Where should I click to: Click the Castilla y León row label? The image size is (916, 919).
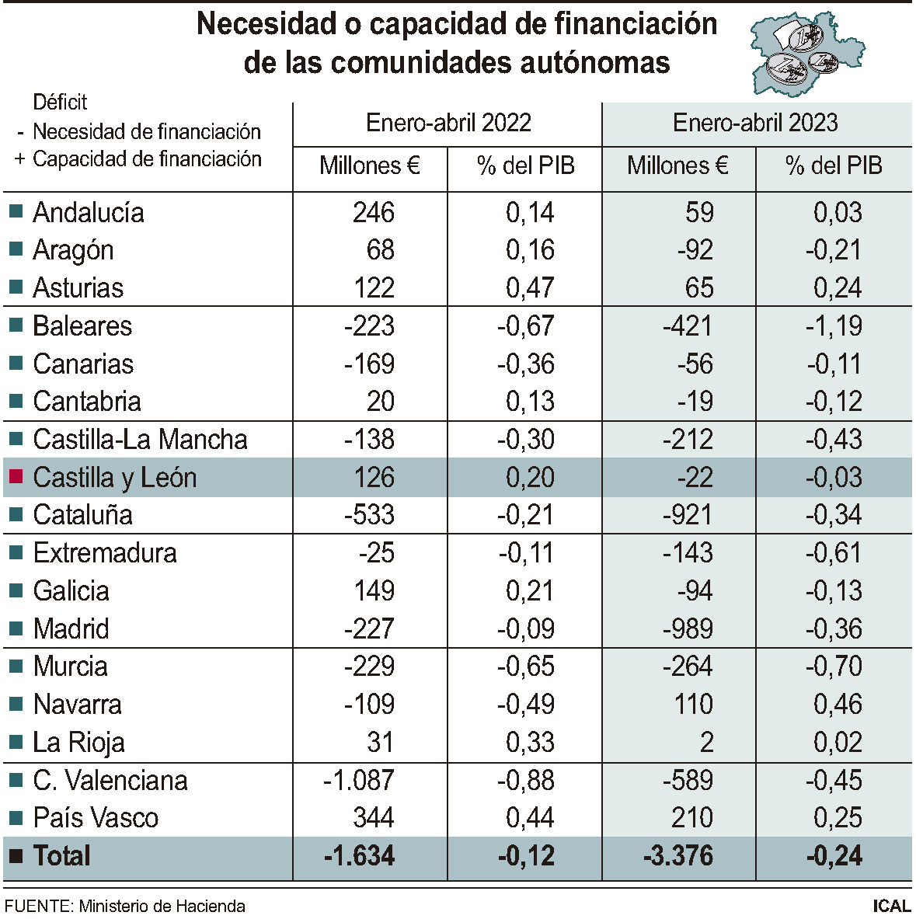tap(114, 477)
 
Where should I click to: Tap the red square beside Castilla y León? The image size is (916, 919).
tap(16, 476)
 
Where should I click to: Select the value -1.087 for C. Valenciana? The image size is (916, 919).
tap(359, 780)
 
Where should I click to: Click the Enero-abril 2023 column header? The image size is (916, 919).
tap(755, 123)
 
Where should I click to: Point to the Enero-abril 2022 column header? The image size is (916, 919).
tap(448, 123)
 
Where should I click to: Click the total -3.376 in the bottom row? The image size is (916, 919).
tap(678, 856)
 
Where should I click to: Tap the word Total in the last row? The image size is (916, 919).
tap(61, 856)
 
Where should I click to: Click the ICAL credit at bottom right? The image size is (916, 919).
tap(891, 906)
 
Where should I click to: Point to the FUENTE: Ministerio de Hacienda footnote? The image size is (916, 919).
tap(125, 906)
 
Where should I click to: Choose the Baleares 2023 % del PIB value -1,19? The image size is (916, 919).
tap(834, 325)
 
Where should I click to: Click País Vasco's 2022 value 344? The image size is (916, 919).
tap(374, 817)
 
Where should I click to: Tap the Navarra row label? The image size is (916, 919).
tap(77, 705)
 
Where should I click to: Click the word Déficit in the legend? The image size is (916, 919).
tap(60, 102)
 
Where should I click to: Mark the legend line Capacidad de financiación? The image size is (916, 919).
tap(147, 159)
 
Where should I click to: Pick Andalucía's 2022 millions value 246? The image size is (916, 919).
tap(374, 212)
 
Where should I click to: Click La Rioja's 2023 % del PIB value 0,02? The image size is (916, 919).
tap(838, 743)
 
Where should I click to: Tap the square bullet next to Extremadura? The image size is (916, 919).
tap(16, 552)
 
